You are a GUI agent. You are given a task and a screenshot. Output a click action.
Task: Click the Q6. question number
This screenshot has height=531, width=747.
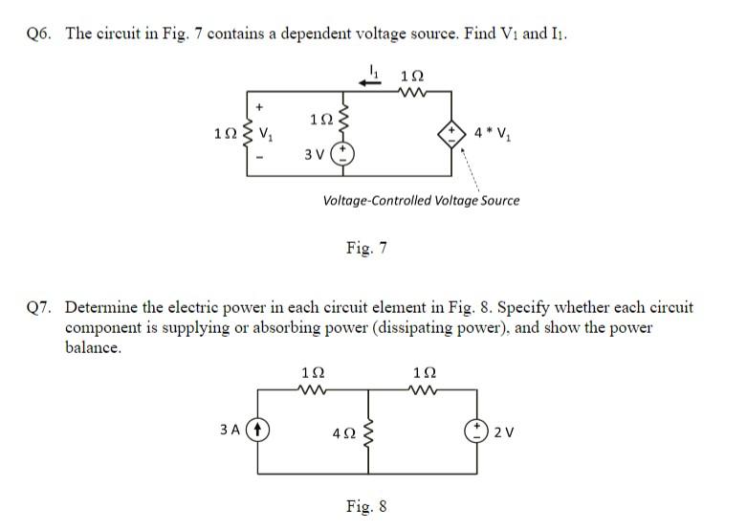42,33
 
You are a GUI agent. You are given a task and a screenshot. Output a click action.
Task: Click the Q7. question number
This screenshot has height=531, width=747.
42,308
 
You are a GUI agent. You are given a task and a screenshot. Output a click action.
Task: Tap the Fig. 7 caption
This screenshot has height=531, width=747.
366,249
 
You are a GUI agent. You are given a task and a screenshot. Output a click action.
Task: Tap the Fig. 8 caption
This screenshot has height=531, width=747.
366,506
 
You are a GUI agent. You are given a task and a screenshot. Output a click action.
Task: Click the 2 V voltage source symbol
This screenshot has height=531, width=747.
478,430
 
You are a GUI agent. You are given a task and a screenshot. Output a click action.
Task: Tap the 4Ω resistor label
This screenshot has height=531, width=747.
342,432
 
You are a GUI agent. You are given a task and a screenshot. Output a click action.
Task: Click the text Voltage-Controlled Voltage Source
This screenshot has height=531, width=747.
421,201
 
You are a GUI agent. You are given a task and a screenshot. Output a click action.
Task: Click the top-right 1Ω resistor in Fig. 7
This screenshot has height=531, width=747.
414,93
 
